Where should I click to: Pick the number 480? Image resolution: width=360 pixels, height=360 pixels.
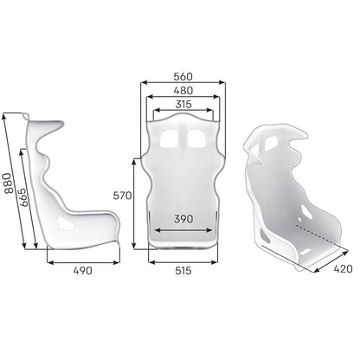pyautogui.click(x=182, y=89)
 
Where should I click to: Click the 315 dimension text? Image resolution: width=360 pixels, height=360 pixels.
pyautogui.click(x=182, y=104)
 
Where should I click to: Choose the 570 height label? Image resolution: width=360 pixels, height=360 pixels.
pyautogui.click(x=122, y=196)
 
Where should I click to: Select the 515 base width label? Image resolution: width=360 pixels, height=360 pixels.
pyautogui.click(x=181, y=271)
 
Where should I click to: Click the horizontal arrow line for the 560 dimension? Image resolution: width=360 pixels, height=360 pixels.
pyautogui.click(x=182, y=83)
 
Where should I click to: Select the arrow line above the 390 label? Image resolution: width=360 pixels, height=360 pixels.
pyautogui.click(x=181, y=230)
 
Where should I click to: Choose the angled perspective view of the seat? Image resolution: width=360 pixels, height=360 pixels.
pyautogui.click(x=290, y=195)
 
